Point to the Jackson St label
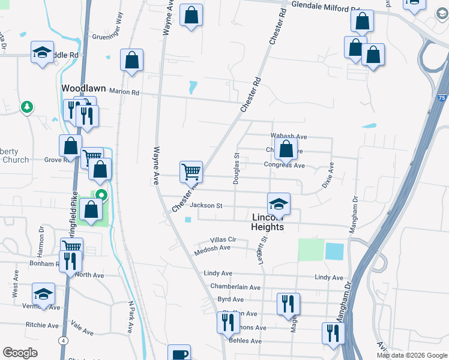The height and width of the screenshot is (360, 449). coord(206,206)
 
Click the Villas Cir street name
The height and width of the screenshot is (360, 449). coord(224,239)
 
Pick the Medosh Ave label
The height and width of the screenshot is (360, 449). coord(212,248)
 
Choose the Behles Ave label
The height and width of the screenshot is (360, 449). coord(246,341)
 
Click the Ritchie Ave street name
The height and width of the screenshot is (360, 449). coord(42,325)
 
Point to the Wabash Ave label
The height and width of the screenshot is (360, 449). coord(289,137)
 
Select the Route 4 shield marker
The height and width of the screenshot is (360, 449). coord(63,341)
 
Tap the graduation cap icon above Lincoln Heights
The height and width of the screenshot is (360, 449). coord(279,203)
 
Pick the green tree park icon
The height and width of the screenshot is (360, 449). coord(26,107)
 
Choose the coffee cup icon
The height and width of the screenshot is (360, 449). coord(179,354)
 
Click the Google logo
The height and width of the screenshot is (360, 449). coord(20,353)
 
